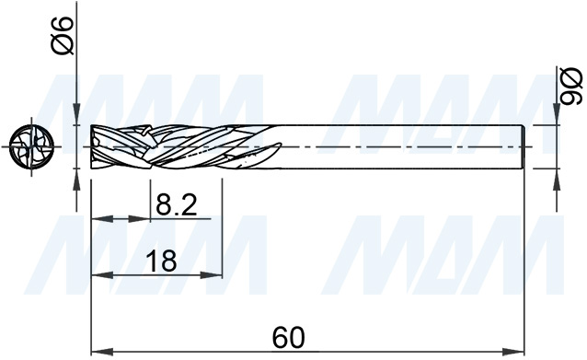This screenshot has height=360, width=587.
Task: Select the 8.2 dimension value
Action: point(178,204)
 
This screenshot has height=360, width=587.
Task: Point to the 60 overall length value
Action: point(289,337)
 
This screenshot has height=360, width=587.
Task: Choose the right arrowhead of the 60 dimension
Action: point(517,352)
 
